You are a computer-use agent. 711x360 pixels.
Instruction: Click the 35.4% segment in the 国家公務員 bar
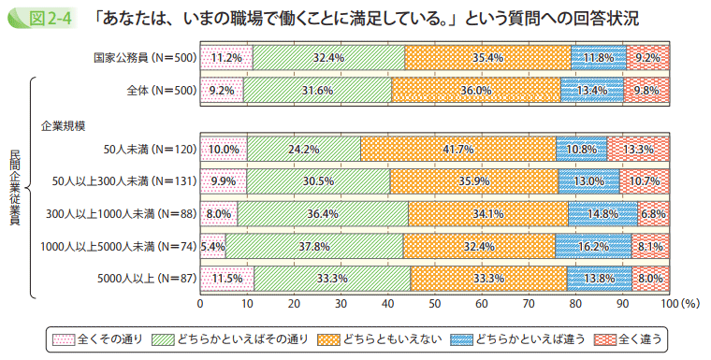[x=488, y=58]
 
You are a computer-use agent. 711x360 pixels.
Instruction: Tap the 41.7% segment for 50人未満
[x=458, y=149]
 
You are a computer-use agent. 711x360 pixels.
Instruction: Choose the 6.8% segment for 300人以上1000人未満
[x=653, y=213]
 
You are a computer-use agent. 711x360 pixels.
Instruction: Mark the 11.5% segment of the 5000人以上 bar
[x=227, y=278]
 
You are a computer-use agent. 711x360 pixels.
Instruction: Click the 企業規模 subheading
[x=63, y=124]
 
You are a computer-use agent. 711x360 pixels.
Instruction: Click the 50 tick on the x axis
[x=435, y=304]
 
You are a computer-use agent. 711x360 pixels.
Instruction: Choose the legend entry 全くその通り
[x=98, y=338]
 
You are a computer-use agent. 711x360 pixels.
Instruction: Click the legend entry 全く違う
[x=635, y=338]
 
